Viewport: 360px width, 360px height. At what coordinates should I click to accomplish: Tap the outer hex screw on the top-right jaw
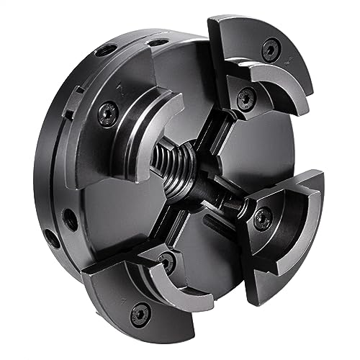tap(269, 49)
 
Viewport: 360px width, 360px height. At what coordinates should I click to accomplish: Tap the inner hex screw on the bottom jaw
tap(166, 257)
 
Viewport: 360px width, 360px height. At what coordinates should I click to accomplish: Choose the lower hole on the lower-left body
tap(52, 234)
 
